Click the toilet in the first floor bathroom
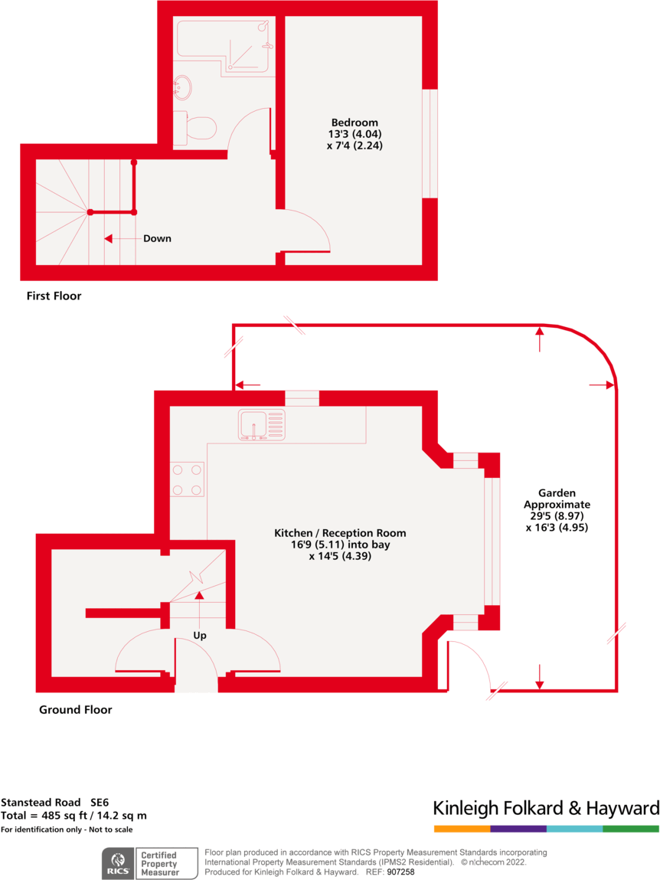tap(196, 128)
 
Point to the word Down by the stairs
tap(157, 238)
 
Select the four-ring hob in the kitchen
tap(187, 479)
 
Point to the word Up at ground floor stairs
tap(199, 635)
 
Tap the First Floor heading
tap(54, 296)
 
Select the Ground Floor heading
tap(75, 710)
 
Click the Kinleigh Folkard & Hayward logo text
tap(545, 808)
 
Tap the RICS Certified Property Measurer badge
tap(142, 863)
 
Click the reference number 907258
tap(400, 872)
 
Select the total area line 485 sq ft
tap(74, 816)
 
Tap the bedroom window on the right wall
tap(430, 143)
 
